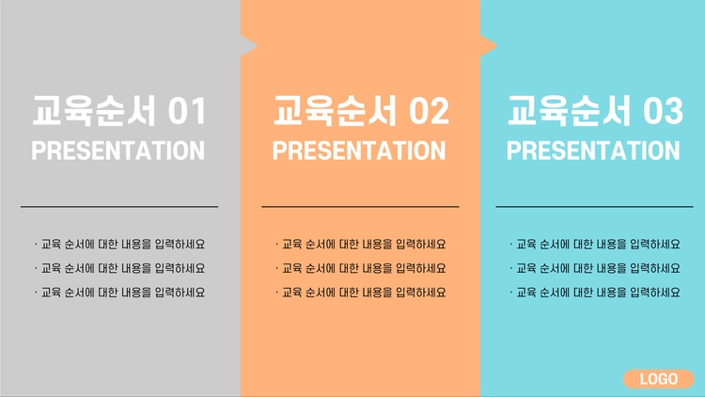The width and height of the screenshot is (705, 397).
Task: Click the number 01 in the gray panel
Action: click(187, 111)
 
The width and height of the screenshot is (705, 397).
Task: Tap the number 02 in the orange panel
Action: click(429, 111)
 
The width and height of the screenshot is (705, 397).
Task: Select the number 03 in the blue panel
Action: click(664, 111)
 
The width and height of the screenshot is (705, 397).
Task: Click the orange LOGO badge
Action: click(658, 379)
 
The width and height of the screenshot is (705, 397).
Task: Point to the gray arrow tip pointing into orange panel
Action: click(257, 45)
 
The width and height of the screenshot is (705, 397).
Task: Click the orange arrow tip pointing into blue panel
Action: click(496, 45)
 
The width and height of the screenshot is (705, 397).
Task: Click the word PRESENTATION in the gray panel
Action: click(117, 151)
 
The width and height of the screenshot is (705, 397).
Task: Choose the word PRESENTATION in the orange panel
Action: click(359, 151)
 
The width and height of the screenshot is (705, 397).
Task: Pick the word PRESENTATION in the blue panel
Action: click(593, 151)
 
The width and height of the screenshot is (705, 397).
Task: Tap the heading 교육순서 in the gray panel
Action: click(94, 110)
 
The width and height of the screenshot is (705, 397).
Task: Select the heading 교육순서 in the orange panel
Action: click(335, 110)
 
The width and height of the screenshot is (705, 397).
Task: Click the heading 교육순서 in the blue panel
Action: click(570, 110)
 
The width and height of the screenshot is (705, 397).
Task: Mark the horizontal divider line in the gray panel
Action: click(119, 207)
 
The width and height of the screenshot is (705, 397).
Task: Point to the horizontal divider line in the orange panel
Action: click(360, 207)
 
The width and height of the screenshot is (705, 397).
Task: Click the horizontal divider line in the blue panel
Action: click(594, 207)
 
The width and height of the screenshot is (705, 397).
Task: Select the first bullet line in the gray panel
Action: click(119, 244)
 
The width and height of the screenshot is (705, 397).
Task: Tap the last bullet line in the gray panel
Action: click(119, 293)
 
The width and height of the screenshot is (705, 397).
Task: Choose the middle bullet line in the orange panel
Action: click(361, 268)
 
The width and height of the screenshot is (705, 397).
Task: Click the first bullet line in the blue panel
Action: click(595, 244)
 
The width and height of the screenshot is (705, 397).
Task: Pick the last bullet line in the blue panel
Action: click(595, 293)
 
